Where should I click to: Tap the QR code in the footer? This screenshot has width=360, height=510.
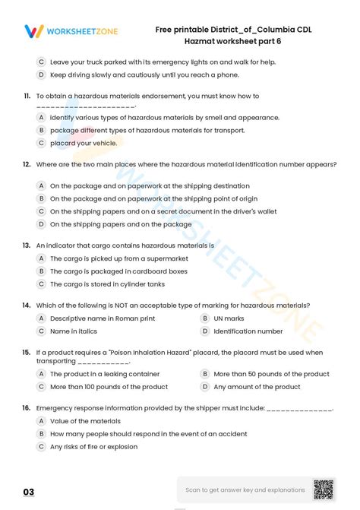pyautogui.click(x=324, y=489)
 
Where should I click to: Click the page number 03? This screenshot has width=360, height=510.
pyautogui.click(x=28, y=490)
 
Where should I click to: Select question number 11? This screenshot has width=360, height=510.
pyautogui.click(x=27, y=96)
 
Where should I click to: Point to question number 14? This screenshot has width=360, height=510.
pyautogui.click(x=27, y=305)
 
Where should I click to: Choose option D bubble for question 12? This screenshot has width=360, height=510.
pyautogui.click(x=41, y=224)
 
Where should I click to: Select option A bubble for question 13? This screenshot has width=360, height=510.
pyautogui.click(x=41, y=258)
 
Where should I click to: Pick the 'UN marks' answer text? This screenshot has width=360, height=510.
pyautogui.click(x=229, y=318)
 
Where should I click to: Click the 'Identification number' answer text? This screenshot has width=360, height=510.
pyautogui.click(x=248, y=331)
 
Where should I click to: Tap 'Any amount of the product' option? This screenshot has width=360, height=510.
pyautogui.click(x=257, y=387)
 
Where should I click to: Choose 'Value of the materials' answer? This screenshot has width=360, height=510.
pyautogui.click(x=85, y=421)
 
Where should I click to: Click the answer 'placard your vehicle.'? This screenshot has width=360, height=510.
pyautogui.click(x=83, y=142)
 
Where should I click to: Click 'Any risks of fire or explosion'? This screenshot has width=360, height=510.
pyautogui.click(x=93, y=447)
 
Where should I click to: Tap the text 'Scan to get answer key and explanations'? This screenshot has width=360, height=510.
pyautogui.click(x=245, y=489)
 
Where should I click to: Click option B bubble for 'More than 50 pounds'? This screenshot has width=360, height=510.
pyautogui.click(x=204, y=374)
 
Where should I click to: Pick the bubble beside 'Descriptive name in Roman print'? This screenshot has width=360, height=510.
pyautogui.click(x=41, y=318)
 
